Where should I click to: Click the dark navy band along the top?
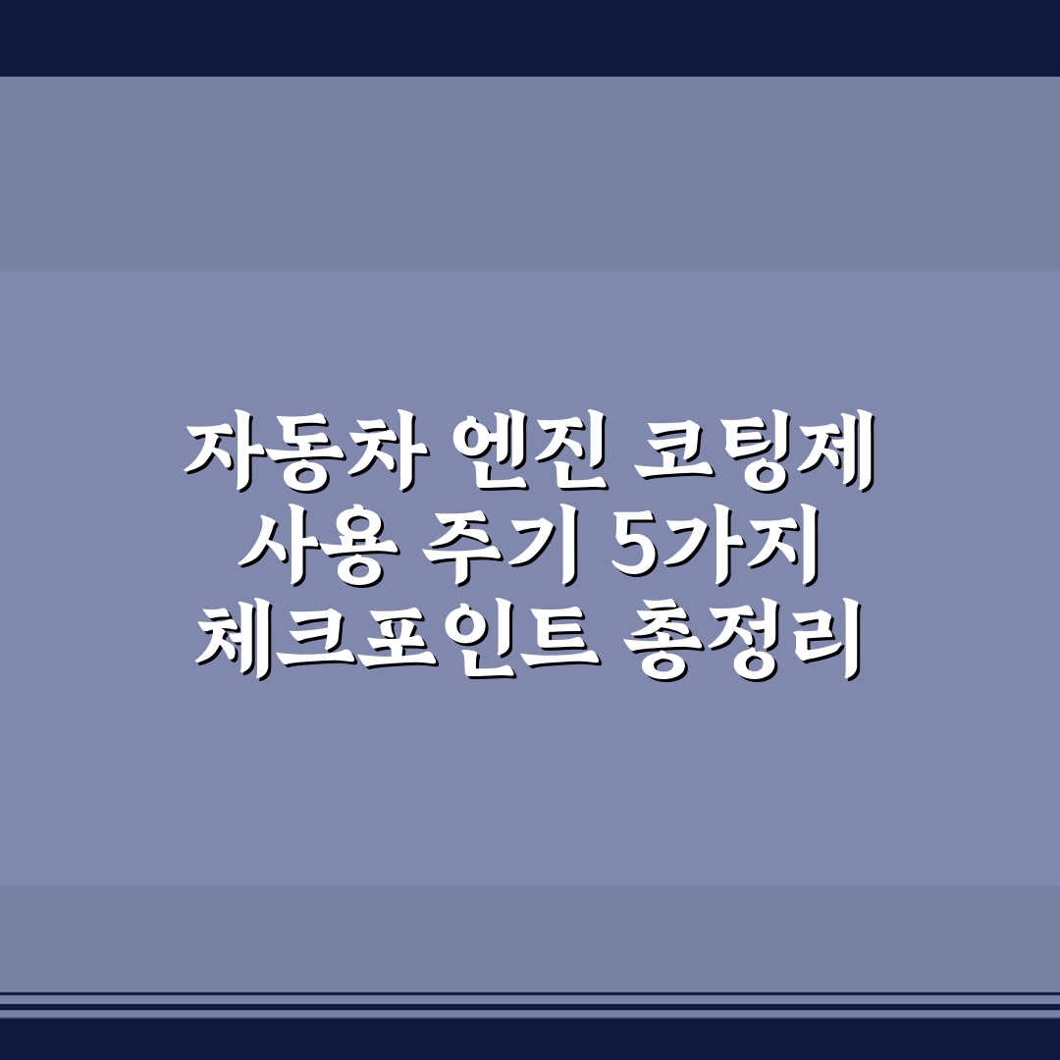coord(530,37)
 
